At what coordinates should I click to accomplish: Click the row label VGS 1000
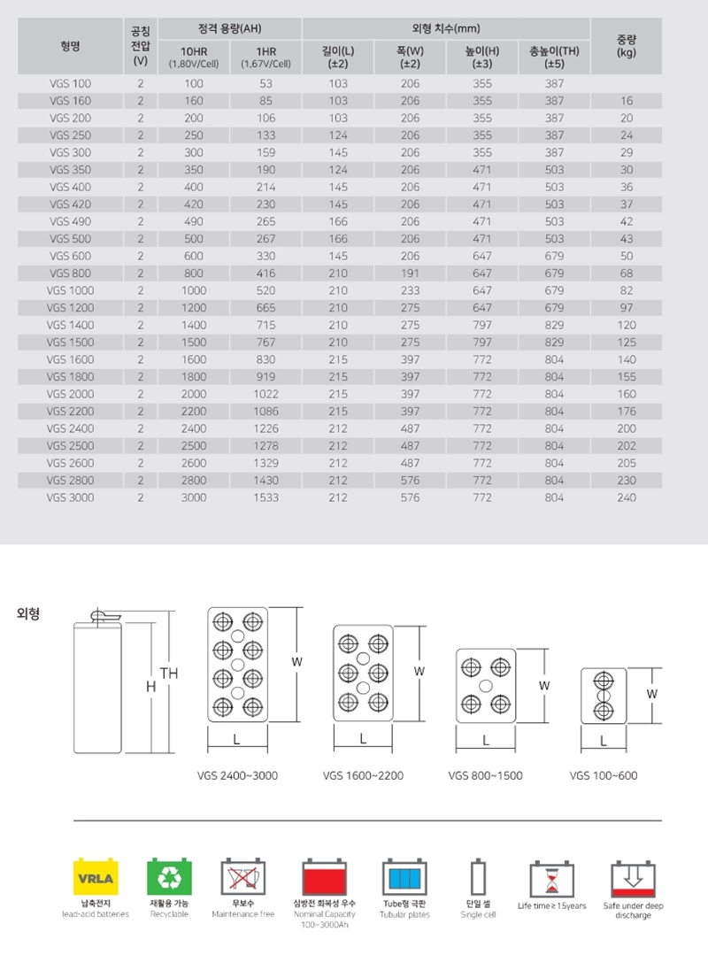coord(70,290)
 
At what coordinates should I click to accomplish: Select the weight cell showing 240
coord(627,497)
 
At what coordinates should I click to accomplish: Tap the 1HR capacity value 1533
coord(265,497)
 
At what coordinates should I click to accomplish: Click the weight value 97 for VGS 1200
coord(627,307)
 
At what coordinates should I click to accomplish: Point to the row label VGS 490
coord(70,221)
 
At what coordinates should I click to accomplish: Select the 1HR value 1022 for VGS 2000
coord(265,394)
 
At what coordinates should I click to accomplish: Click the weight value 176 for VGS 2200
coord(627,411)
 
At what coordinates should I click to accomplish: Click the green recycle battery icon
coord(168,879)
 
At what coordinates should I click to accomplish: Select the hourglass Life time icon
coord(552,879)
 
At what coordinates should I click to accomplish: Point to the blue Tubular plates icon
coord(405,879)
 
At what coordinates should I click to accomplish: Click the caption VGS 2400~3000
coord(237,776)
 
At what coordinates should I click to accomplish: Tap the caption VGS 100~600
coord(604,776)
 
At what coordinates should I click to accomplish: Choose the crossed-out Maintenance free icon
coord(242,879)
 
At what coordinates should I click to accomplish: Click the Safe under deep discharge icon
coord(633,879)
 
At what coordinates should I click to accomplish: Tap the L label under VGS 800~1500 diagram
coord(486,740)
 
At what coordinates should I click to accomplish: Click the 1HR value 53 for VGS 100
coord(265,83)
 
